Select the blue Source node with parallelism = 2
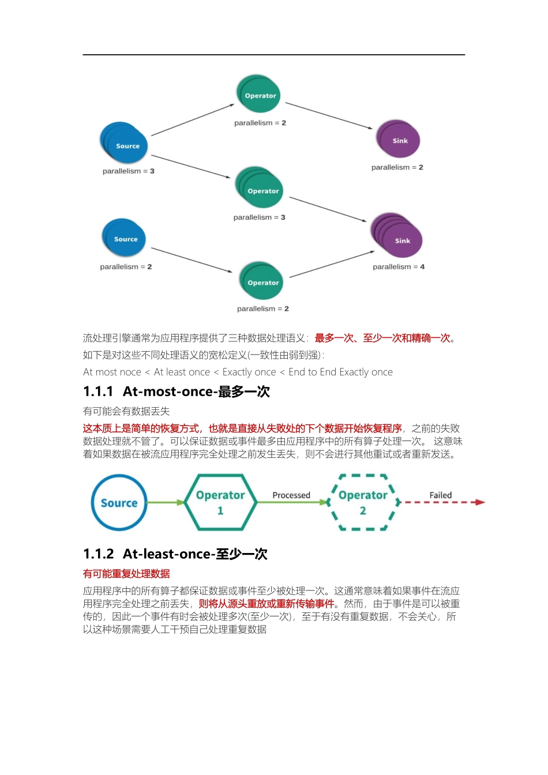[x=124, y=238]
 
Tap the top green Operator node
[x=259, y=94]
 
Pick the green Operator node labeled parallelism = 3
[x=260, y=188]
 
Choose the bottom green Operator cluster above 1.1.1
[x=262, y=281]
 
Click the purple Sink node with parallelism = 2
[x=398, y=140]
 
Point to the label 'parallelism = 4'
[x=399, y=267]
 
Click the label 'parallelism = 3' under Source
[x=129, y=171]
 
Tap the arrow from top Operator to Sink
[x=329, y=115]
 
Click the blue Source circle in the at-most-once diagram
[x=119, y=503]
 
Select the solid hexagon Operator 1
[x=220, y=502]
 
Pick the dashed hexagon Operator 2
[x=363, y=502]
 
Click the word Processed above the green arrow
[x=291, y=495]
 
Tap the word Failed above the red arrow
[x=441, y=495]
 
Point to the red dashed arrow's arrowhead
[x=480, y=502]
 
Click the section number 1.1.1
[x=98, y=392]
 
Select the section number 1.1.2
[x=98, y=555]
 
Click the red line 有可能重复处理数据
[x=126, y=574]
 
